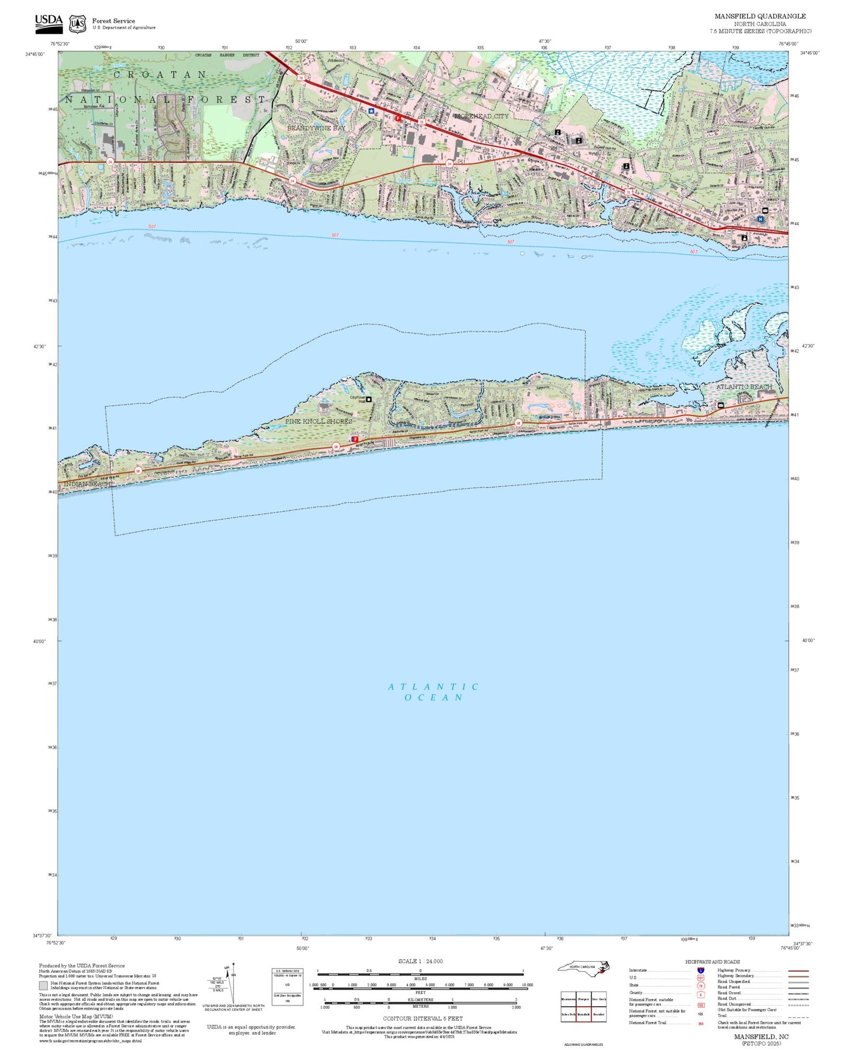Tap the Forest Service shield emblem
point(77,24)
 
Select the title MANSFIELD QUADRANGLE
point(759,16)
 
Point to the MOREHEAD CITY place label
point(481,116)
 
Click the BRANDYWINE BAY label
point(316,128)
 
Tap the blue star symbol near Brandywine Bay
point(371,110)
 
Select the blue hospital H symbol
point(760,219)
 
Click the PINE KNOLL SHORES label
point(318,421)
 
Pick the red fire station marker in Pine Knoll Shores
point(355,438)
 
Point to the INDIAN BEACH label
point(86,485)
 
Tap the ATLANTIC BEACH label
point(744,387)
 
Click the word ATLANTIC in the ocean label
point(433,687)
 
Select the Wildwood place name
point(335,60)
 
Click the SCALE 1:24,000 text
point(420,961)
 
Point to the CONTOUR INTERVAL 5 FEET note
point(422,1018)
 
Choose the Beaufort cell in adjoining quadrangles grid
point(598,1014)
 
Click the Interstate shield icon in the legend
point(701,970)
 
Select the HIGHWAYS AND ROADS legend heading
point(712,962)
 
